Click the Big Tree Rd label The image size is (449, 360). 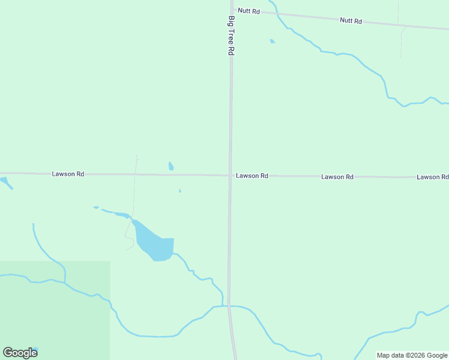pos(231,35)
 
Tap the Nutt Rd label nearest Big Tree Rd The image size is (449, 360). pos(249,11)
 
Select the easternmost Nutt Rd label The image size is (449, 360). pos(351,20)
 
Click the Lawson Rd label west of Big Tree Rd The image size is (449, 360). pos(68,174)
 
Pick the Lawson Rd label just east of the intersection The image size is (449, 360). pos(252,176)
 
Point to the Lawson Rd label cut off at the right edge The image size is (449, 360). pos(432,177)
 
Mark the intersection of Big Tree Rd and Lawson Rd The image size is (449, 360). pos(230,176)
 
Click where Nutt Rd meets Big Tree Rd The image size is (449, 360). pos(232,10)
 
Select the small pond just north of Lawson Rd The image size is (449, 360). pos(171,166)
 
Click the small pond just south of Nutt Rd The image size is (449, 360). pos(273,41)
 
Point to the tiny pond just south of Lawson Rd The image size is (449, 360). pos(179,191)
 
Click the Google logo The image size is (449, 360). pos(20,352)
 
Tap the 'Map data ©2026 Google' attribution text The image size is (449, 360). pos(412,355)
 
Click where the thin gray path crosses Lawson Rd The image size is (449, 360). pos(135,175)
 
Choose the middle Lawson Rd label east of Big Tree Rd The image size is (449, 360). pos(337,176)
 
